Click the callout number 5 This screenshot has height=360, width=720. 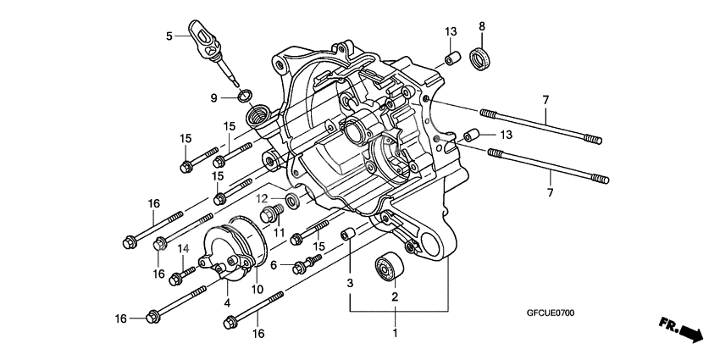click(x=169, y=36)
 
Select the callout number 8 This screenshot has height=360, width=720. click(x=482, y=26)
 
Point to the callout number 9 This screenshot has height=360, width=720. click(x=214, y=97)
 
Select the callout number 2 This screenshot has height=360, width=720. click(x=394, y=296)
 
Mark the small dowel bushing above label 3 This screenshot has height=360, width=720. click(x=346, y=234)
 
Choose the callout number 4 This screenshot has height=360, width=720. click(x=227, y=302)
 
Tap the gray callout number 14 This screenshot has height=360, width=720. click(x=181, y=247)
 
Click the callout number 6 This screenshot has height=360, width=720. click(x=274, y=265)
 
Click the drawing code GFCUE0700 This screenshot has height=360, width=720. click(x=550, y=313)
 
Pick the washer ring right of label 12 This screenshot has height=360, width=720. click(x=292, y=201)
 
